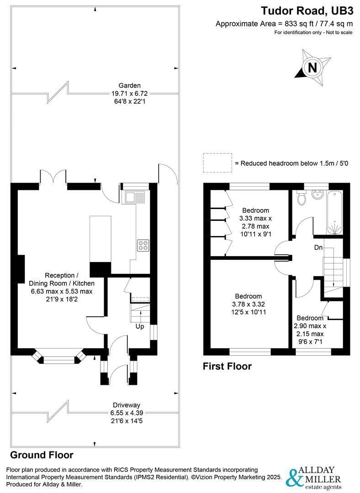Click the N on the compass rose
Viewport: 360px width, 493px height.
pos(312,68)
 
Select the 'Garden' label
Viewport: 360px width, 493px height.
pos(130,85)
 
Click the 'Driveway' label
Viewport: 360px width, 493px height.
pos(127,405)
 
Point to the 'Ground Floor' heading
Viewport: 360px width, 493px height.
pos(42,455)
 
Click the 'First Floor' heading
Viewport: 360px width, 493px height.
pos(227,366)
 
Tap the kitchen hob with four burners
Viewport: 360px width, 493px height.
pos(143,245)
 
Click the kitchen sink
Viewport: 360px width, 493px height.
pos(136,197)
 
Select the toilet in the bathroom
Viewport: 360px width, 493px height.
pos(301,198)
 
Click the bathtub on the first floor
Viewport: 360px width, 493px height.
pos(335,212)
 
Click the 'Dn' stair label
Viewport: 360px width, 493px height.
pos(318,248)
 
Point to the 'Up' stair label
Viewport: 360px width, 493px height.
pos(140,326)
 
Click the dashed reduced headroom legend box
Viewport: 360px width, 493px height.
pos(217,163)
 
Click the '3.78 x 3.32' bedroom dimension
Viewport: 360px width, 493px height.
pos(249,304)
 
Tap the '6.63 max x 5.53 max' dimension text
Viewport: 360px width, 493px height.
pos(62,291)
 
